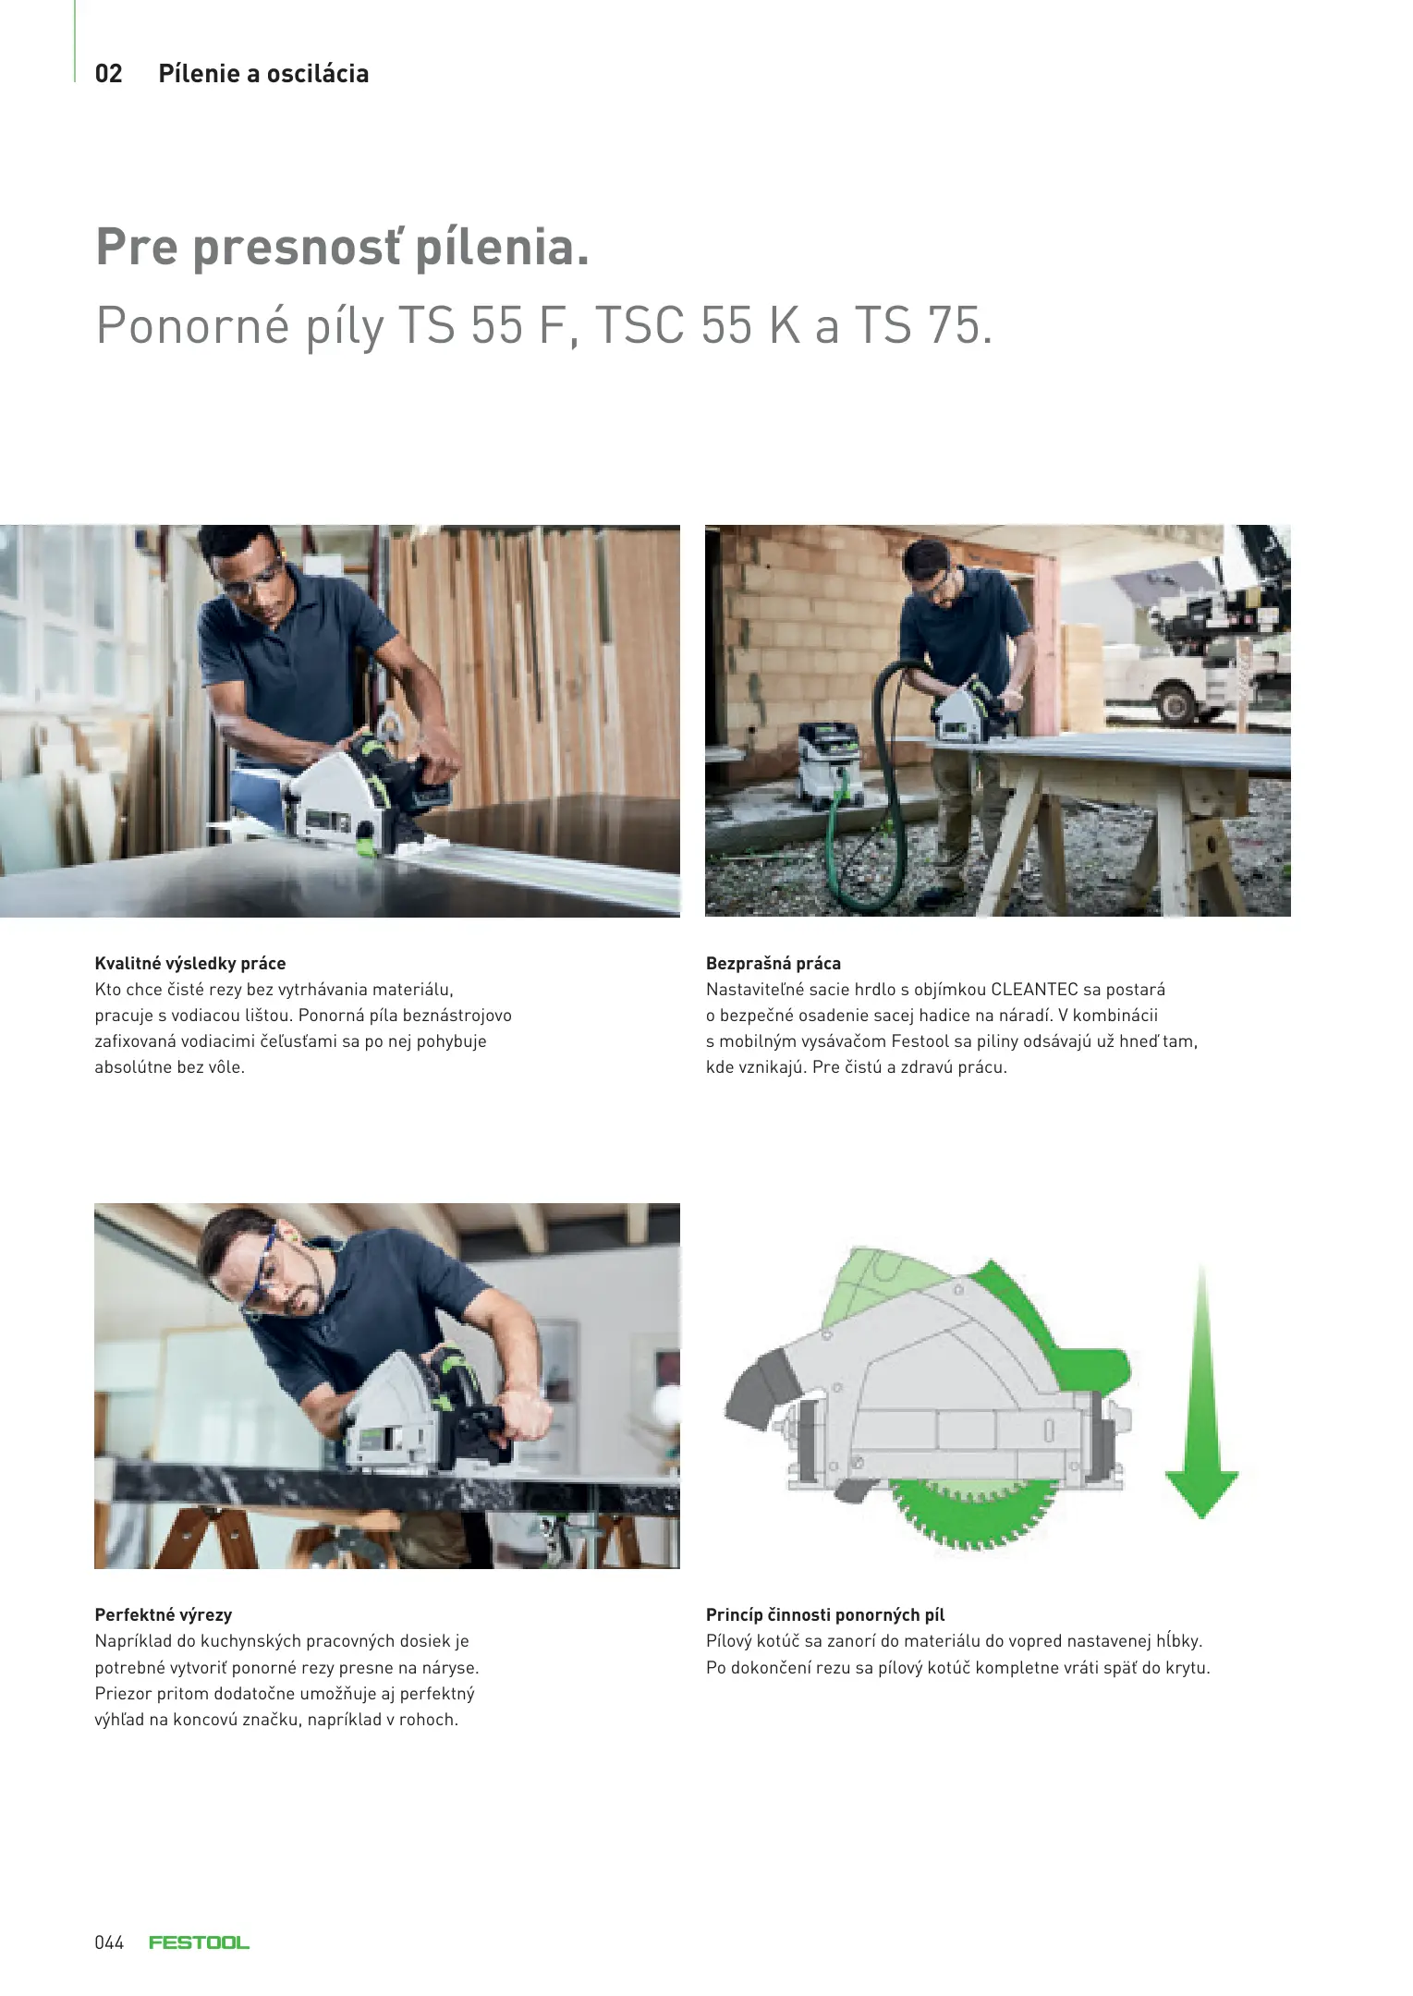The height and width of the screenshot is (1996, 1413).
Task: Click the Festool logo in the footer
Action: [199, 1942]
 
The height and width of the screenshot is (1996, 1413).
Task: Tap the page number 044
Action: [109, 1942]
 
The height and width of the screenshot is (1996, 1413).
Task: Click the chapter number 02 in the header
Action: [108, 74]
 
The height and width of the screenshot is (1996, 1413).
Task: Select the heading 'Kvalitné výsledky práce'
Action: [190, 963]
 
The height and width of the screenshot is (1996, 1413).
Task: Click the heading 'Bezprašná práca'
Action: [773, 963]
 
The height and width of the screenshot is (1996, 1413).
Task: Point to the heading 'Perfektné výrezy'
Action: [164, 1614]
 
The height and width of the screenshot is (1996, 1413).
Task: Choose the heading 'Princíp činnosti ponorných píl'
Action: [825, 1614]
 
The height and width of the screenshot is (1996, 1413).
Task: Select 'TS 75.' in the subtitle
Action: [923, 325]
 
